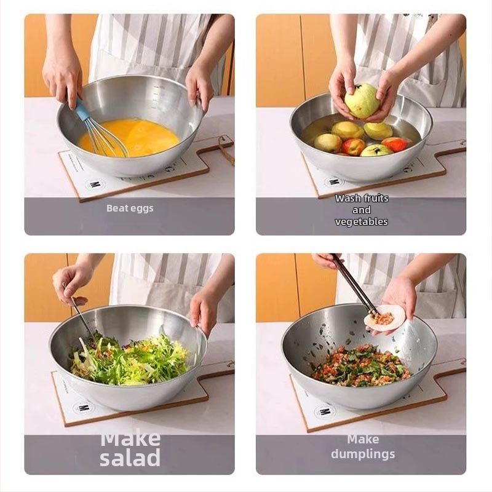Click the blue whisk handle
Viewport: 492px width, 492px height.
pos(82,109)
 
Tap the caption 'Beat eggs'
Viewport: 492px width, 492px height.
pos(130,208)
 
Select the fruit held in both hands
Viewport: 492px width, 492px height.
pos(362,100)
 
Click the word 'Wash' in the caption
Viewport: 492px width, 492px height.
pos(347,198)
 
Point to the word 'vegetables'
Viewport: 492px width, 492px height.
pos(362,222)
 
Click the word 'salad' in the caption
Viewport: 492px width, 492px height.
pos(130,458)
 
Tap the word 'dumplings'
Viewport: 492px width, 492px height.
pos(363,454)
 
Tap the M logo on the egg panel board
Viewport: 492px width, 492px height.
pos(93,184)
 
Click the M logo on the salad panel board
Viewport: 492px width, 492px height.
pos(82,408)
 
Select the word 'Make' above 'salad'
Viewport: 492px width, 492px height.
pos(130,438)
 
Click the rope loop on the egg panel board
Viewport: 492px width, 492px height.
pos(227,151)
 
